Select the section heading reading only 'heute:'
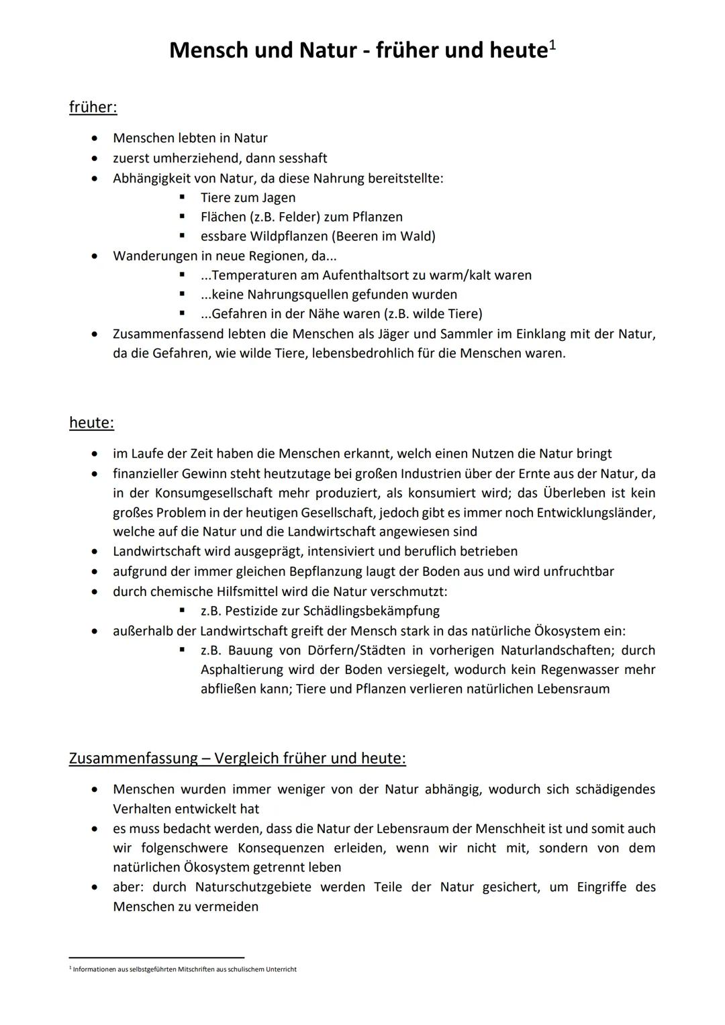pos(91,423)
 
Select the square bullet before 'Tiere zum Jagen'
pos(182,197)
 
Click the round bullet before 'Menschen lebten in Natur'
pos(97,138)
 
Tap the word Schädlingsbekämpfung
pos(372,611)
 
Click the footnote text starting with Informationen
pos(185,969)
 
